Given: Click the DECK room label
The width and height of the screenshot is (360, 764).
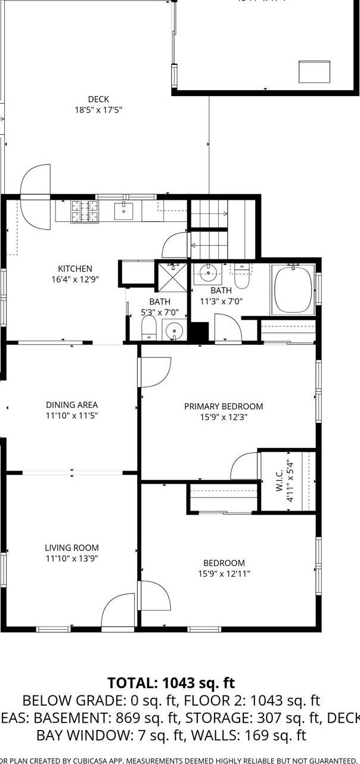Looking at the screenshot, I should (98, 100).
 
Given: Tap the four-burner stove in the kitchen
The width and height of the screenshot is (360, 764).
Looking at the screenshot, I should (85, 211).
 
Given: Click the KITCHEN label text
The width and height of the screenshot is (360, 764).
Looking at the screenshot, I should (75, 269).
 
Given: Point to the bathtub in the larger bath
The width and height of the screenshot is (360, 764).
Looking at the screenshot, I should (293, 289).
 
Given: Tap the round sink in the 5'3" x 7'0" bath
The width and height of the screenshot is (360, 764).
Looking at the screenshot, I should (173, 330).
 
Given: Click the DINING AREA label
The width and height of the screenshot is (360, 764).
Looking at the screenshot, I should (72, 405).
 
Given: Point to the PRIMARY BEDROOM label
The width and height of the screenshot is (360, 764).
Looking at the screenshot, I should (223, 407).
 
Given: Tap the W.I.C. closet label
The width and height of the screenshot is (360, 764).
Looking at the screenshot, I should (280, 480).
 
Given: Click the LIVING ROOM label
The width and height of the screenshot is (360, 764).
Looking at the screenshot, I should (72, 548).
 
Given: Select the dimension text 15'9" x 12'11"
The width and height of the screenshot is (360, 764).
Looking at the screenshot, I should (224, 574).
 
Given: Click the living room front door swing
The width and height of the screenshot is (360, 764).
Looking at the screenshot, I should (119, 611).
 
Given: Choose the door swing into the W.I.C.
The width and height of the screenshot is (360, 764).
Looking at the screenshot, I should (244, 466).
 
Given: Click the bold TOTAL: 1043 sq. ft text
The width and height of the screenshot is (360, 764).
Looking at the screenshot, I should (171, 683).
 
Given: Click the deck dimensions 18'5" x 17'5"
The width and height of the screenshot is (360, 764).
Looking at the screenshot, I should (98, 110).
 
